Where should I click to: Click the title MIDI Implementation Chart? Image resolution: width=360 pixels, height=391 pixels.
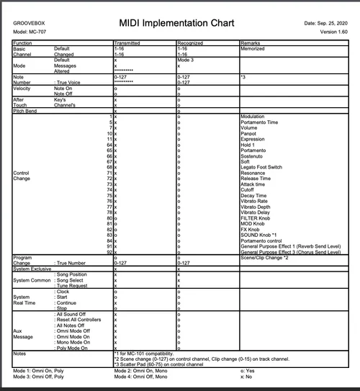pyautogui.click(x=179, y=24)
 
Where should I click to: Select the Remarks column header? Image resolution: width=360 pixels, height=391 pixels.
pyautogui.click(x=251, y=43)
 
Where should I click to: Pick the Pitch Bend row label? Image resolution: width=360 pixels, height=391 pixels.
pyautogui.click(x=27, y=111)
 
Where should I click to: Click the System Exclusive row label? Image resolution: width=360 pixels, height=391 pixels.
pyautogui.click(x=33, y=269)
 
